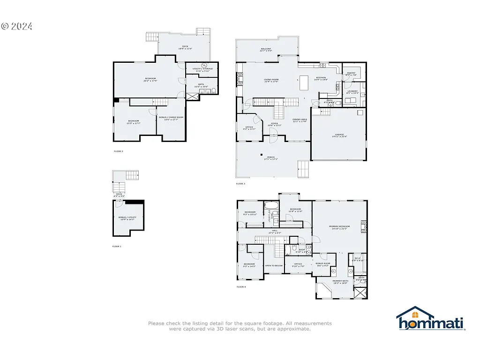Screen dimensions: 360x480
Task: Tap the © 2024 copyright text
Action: (x=16, y=27)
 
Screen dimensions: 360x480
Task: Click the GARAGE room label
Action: (x=340, y=135)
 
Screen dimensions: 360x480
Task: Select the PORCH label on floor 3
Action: (x=271, y=158)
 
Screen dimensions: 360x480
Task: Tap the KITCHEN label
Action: (x=321, y=78)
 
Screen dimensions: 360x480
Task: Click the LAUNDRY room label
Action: (x=352, y=92)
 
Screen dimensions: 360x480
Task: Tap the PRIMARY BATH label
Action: (x=340, y=282)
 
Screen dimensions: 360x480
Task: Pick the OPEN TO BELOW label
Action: (x=274, y=266)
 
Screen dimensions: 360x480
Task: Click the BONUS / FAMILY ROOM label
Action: (x=171, y=118)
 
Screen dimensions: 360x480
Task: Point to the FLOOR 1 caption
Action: (x=117, y=246)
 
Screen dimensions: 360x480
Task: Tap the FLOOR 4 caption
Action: (x=241, y=286)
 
